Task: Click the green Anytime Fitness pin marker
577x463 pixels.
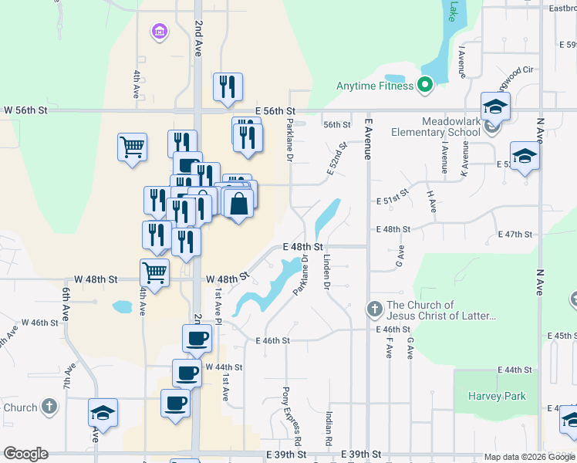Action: coord(424,85)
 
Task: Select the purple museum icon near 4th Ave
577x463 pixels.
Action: coord(159,32)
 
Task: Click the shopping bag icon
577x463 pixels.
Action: coord(239,204)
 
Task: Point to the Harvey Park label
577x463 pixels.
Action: coord(497,396)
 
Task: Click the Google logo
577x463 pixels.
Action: coord(25,454)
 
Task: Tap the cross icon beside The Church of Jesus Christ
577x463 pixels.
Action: coord(374,310)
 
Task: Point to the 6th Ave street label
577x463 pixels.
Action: coord(67,299)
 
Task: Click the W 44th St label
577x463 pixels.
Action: coord(224,367)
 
